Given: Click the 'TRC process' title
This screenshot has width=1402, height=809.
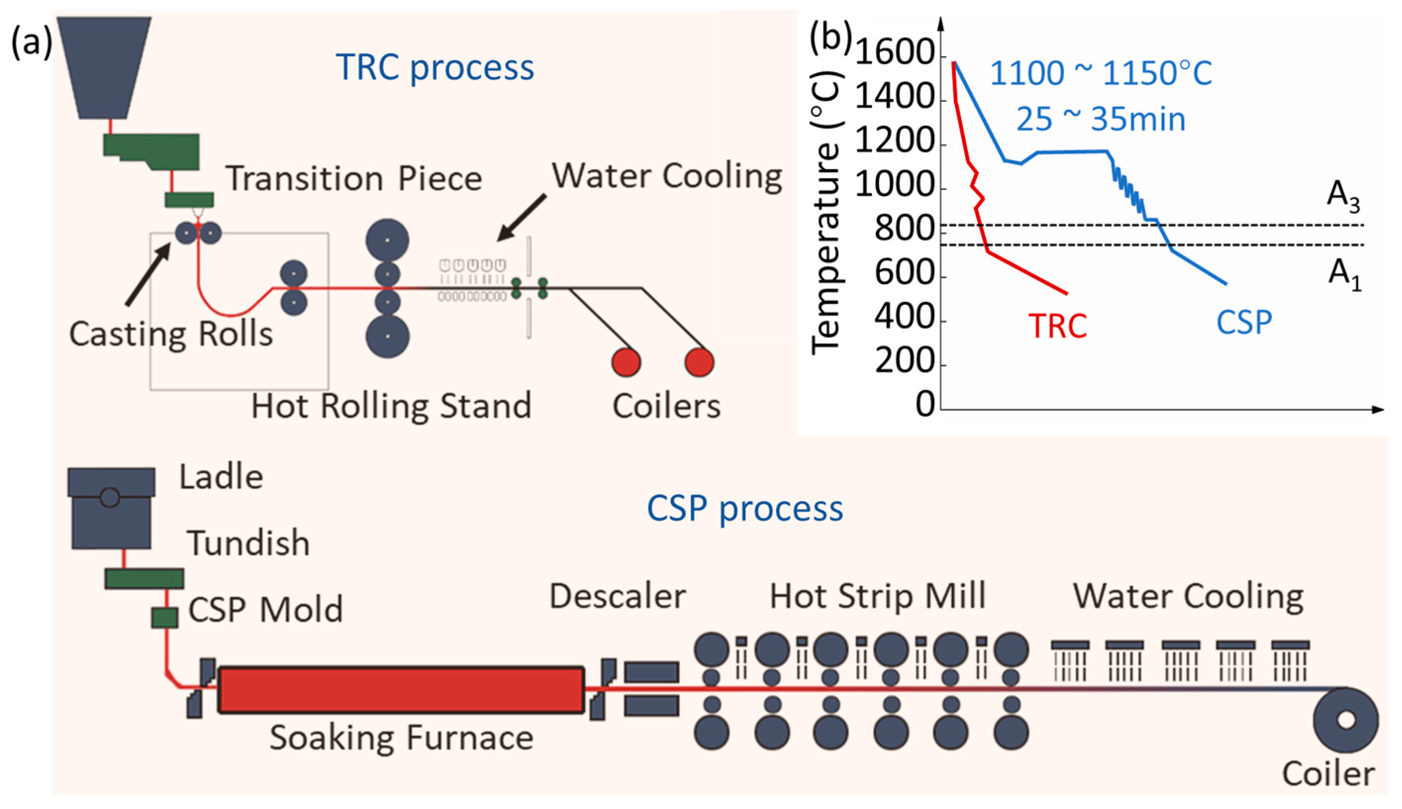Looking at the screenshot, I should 435,68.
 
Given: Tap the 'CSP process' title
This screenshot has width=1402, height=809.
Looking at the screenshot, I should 744,508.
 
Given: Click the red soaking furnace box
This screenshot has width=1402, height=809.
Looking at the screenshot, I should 401,689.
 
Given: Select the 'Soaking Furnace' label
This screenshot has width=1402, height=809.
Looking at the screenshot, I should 401,737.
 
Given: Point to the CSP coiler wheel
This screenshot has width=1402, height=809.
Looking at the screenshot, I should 1345,719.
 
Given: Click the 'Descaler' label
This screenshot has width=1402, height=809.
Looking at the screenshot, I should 617,596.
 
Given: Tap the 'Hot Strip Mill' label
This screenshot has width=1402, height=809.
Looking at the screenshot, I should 877,596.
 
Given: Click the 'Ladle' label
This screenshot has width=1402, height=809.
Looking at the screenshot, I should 221,477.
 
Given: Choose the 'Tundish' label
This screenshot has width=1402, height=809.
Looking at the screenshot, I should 248,543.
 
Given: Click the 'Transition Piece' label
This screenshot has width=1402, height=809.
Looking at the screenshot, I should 353,179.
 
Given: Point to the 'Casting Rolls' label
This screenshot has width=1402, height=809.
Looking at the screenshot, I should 171,334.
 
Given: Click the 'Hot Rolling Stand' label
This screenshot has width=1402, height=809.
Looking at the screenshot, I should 391,405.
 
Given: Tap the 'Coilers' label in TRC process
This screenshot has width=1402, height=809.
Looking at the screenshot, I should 666,405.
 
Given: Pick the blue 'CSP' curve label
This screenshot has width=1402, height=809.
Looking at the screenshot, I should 1244,322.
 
